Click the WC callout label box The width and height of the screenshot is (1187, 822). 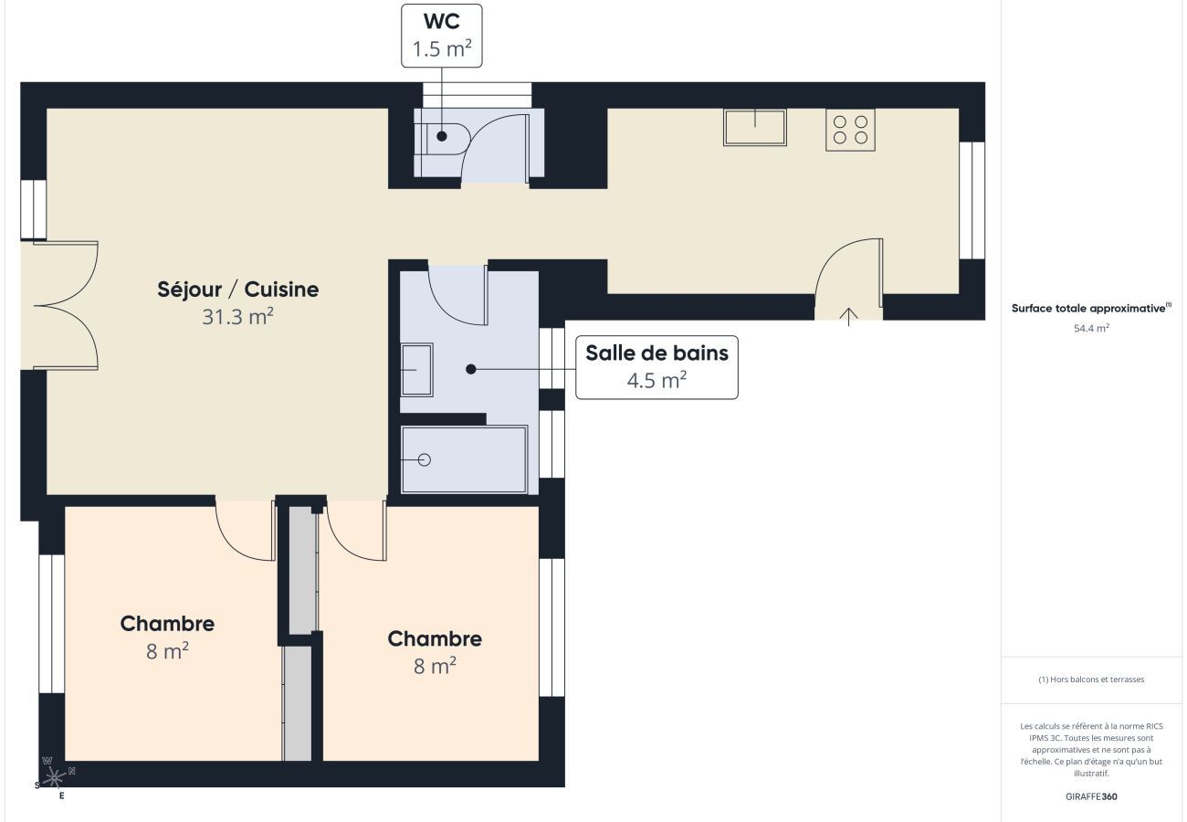click(442, 36)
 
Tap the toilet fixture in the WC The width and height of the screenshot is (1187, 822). click(446, 137)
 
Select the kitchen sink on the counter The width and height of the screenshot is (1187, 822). click(755, 127)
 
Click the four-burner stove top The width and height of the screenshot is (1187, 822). click(850, 130)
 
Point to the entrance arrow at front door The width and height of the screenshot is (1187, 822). click(849, 316)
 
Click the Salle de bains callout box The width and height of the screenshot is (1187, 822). click(657, 367)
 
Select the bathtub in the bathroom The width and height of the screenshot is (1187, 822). click(465, 459)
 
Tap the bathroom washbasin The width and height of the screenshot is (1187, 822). click(417, 369)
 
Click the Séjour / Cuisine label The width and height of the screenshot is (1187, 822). click(238, 290)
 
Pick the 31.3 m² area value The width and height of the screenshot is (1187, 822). click(238, 317)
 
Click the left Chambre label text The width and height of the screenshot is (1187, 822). click(167, 624)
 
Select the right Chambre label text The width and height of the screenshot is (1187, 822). click(435, 638)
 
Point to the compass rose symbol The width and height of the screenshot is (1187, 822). click(56, 778)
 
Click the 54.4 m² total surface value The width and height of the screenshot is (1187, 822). click(1091, 328)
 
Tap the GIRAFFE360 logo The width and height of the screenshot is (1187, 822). click(1091, 796)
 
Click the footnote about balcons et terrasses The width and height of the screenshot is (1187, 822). click(1091, 680)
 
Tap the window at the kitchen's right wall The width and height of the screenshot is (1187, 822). click(972, 200)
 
